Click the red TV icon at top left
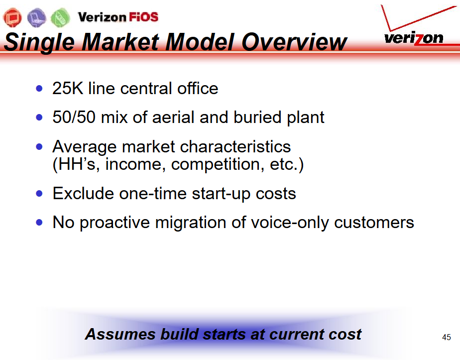(12, 17)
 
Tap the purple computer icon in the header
(37, 17)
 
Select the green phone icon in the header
(60, 17)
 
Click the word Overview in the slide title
(294, 42)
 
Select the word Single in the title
(40, 43)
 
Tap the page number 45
(447, 338)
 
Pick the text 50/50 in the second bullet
(74, 117)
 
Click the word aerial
(173, 117)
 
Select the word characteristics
(235, 146)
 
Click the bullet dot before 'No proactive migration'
(39, 223)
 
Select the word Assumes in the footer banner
(120, 334)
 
